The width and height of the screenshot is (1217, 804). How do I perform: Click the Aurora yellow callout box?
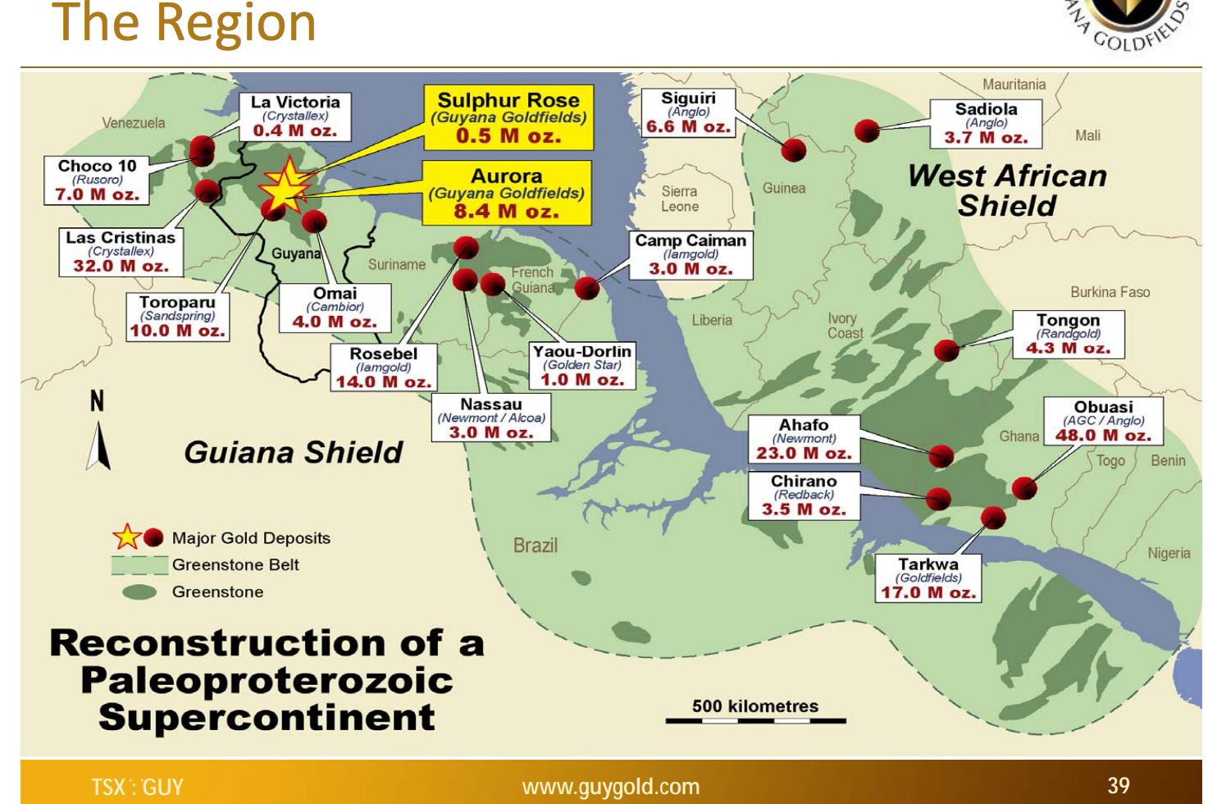(x=507, y=193)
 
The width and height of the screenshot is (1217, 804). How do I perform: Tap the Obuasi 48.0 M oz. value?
(x=1103, y=435)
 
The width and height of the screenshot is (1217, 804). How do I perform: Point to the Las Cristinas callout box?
(x=121, y=251)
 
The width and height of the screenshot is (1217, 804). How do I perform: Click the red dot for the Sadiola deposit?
(x=867, y=130)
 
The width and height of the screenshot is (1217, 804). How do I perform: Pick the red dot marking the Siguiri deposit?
(x=793, y=149)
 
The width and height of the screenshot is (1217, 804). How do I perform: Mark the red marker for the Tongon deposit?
(x=946, y=350)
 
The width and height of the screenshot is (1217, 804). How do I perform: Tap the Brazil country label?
(x=535, y=546)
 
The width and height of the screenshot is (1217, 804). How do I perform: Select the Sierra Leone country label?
(x=679, y=199)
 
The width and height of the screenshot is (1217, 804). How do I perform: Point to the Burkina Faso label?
(x=1110, y=292)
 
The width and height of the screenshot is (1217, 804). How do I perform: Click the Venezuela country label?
(x=134, y=123)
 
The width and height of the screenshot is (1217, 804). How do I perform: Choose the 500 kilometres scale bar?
(x=755, y=720)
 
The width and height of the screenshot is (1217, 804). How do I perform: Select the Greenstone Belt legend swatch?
(x=139, y=565)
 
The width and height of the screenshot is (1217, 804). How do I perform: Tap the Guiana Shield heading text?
(x=294, y=452)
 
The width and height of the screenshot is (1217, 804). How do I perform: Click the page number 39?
(x=1119, y=786)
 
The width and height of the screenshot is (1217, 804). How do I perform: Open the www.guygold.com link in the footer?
(x=611, y=787)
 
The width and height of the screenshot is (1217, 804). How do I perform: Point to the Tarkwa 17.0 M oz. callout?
(x=928, y=578)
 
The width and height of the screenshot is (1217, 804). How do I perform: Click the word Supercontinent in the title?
(x=267, y=717)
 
